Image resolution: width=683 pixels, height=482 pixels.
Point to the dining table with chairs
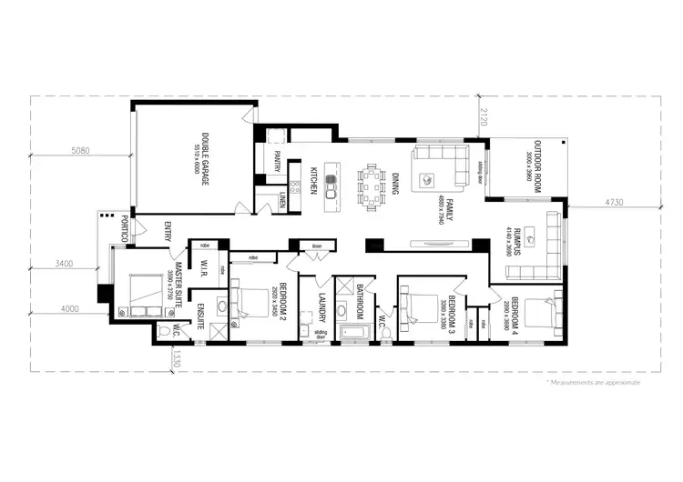(372, 185)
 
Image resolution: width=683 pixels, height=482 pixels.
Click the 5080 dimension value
(79, 152)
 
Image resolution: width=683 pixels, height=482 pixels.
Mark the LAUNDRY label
(322, 306)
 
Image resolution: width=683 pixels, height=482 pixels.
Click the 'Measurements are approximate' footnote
(593, 383)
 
